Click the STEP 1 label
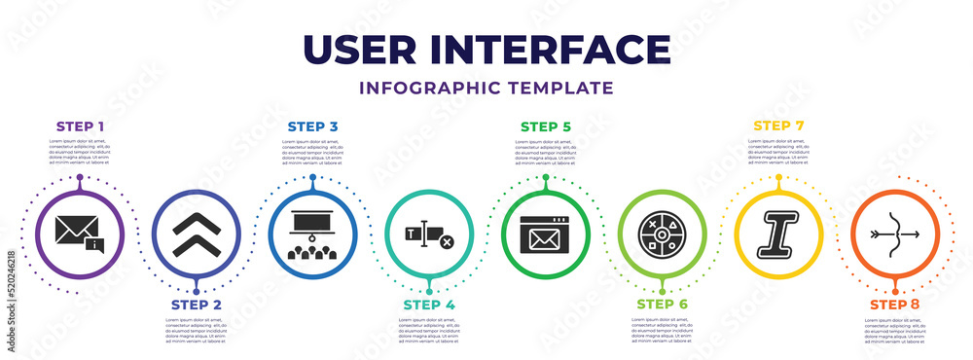80,126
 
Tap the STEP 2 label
196,305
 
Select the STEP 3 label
312,126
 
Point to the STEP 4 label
429,305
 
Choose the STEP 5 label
546,126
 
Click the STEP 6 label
663,305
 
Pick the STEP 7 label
779,126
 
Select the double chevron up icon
196,234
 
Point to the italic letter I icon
779,234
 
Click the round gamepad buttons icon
663,234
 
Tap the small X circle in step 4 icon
447,241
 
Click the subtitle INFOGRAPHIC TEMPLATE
486,88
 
